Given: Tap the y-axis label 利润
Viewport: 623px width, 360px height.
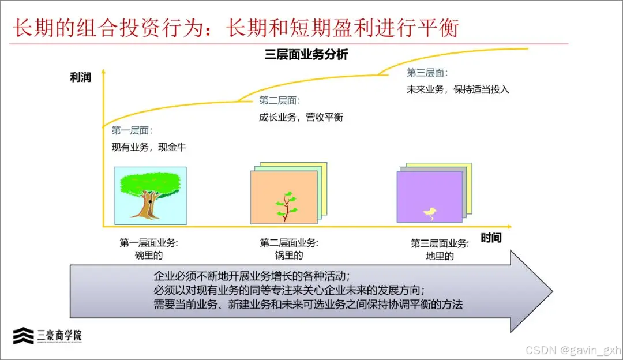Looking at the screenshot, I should pyautogui.click(x=81, y=77).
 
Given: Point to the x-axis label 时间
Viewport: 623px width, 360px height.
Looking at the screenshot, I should pyautogui.click(x=491, y=238).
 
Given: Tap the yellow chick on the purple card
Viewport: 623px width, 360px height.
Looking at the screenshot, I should pyautogui.click(x=430, y=213).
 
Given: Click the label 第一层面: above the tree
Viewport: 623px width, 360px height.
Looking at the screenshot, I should pyautogui.click(x=132, y=130).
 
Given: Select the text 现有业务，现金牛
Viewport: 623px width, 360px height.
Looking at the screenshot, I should pyautogui.click(x=149, y=147).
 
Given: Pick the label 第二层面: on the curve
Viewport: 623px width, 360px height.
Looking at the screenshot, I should pyautogui.click(x=279, y=100).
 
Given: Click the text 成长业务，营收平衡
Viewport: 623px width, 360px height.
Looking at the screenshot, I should pyautogui.click(x=301, y=117).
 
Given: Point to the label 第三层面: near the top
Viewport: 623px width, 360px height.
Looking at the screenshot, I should pyautogui.click(x=427, y=73).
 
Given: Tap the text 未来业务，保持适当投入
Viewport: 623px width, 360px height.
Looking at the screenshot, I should pyautogui.click(x=458, y=89).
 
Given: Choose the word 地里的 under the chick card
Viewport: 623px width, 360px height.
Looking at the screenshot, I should pyautogui.click(x=439, y=256).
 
